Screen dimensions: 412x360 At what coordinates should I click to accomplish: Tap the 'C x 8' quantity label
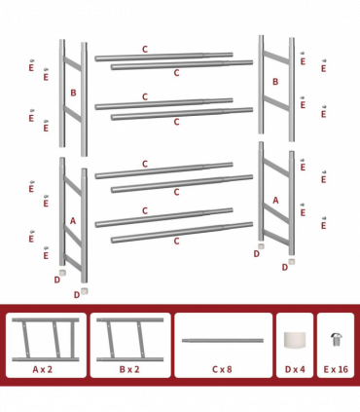tap(223, 370)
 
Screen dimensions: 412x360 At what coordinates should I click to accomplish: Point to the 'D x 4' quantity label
tap(294, 370)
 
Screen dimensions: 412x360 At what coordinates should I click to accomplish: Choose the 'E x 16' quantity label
tap(336, 370)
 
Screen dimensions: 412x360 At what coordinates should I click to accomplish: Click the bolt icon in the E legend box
tap(336, 339)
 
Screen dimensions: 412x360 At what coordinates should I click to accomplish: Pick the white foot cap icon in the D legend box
tap(294, 340)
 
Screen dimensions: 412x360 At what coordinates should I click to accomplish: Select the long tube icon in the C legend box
tap(223, 341)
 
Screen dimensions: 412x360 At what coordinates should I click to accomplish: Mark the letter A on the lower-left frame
tap(72, 221)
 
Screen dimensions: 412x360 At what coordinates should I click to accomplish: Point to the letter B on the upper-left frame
tap(73, 94)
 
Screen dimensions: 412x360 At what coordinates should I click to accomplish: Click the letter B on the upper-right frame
tap(275, 82)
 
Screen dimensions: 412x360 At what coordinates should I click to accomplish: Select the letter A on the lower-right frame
tap(275, 201)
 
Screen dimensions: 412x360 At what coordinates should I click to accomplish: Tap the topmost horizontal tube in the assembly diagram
tap(163, 57)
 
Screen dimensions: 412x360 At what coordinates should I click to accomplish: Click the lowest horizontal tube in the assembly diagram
tap(182, 232)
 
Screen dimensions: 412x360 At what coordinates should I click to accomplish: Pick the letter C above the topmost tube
tap(145, 48)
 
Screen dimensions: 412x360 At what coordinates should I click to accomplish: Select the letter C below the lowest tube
tap(176, 241)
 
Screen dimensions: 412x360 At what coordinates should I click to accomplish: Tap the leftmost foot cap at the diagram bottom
tap(63, 274)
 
